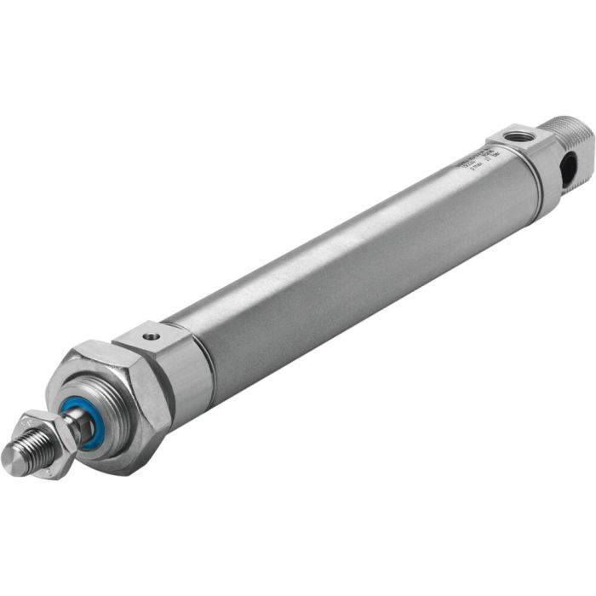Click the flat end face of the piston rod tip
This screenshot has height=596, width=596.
click(11, 461)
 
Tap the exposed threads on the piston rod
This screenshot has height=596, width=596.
click(32, 446)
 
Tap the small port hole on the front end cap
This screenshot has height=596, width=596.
click(152, 337)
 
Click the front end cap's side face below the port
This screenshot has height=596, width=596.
click(189, 380)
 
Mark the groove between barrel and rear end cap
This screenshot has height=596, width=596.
click(542, 182)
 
